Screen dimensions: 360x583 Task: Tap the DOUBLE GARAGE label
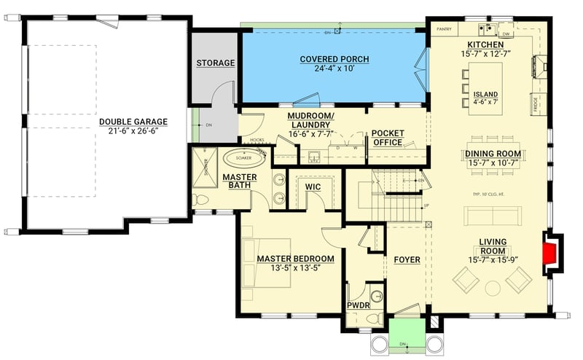(x=133, y=122)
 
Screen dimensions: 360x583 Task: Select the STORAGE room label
(x=215, y=63)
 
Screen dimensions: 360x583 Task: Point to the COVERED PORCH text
(x=334, y=59)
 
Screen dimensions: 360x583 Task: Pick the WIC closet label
(x=313, y=187)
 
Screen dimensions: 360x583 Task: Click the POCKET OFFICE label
(x=387, y=138)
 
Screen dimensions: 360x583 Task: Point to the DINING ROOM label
(x=493, y=154)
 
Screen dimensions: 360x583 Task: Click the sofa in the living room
(x=493, y=216)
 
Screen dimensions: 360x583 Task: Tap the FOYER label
(x=407, y=259)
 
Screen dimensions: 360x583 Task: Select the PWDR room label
(x=359, y=305)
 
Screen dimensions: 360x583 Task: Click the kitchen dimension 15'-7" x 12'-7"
(x=496, y=54)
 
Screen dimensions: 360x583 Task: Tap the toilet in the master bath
(x=203, y=199)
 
